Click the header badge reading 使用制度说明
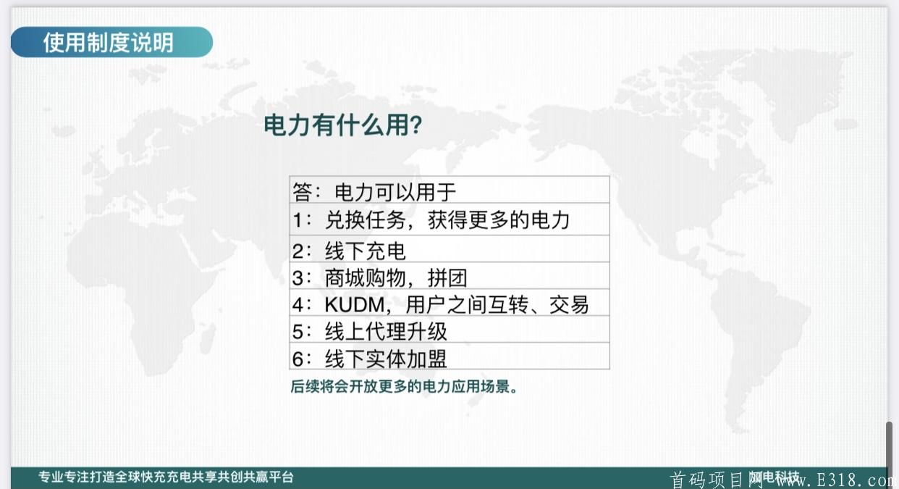111,42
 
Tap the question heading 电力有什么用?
343,125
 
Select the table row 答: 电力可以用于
449,190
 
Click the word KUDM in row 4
355,305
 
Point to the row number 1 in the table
297,220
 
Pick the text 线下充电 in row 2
366,251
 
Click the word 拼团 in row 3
447,278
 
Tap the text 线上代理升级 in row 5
386,332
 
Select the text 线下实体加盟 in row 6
386,359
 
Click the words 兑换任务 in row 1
366,220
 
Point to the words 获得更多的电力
499,220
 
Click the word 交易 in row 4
569,305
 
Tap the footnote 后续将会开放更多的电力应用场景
404,387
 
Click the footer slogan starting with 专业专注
166,477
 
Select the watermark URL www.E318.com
837,480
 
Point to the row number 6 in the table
297,359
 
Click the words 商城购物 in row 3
366,278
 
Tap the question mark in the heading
417,125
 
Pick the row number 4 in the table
297,305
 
